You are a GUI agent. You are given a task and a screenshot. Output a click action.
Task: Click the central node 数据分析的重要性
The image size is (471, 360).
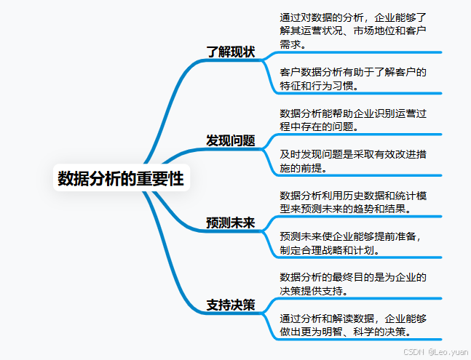pos(121,177)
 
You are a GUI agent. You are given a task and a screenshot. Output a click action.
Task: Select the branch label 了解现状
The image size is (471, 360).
pos(230,52)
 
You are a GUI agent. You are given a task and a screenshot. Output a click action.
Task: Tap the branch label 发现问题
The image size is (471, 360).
pos(230,140)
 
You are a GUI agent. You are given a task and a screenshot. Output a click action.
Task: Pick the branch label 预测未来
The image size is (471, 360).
pos(230,223)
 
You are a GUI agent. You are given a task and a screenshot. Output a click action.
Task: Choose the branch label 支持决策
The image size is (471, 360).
pos(230,305)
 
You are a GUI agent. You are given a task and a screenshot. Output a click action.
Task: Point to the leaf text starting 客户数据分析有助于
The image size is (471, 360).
pos(352,79)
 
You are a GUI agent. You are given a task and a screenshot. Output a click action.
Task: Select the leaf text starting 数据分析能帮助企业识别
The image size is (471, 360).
pos(352,120)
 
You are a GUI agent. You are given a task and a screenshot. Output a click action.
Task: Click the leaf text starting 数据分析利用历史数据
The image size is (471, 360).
pos(352,202)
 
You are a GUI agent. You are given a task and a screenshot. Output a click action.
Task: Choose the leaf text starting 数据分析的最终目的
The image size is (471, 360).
pos(352,284)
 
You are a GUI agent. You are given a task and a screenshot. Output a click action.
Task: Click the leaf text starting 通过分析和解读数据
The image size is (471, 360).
pos(352,325)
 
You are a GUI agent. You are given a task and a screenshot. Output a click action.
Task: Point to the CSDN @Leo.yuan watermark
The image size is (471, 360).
pos(435,351)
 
